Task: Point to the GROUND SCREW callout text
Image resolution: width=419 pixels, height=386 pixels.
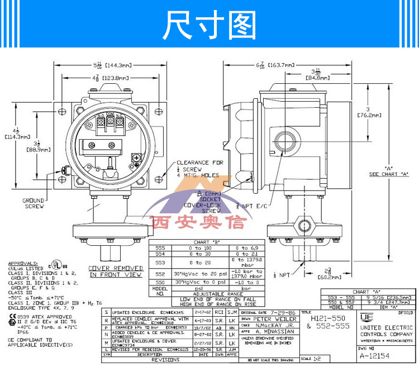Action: (33, 203)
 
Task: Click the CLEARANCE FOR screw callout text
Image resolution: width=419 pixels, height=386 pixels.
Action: (193, 163)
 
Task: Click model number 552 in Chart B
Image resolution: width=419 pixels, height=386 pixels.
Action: (160, 274)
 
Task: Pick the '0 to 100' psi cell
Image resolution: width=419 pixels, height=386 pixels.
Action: (200, 247)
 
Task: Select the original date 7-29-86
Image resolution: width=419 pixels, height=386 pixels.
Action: (286, 313)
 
